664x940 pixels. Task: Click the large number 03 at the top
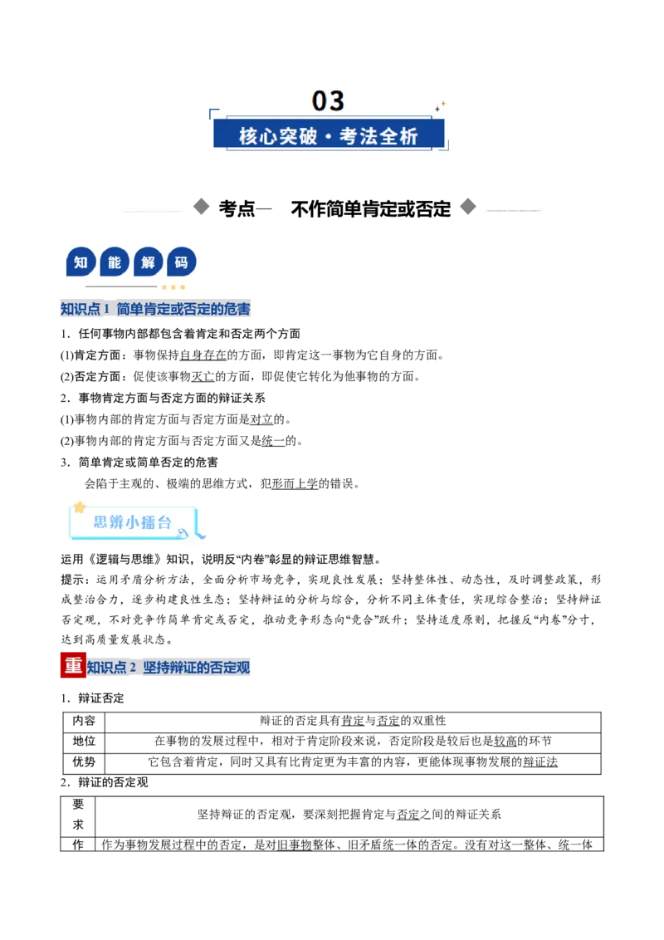coord(328,100)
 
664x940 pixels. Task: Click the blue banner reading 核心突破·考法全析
coord(329,135)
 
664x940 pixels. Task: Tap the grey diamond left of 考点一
coord(202,207)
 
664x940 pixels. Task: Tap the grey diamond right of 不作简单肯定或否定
coord(468,207)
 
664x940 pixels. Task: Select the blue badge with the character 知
coord(81,262)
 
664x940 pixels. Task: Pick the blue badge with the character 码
coord(182,262)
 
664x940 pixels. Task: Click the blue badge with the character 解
coord(148,262)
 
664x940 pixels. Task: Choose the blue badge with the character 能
coord(115,262)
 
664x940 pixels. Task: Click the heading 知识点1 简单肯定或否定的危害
coord(155,309)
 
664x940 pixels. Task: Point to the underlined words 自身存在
coord(203,355)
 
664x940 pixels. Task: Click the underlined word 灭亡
coord(203,376)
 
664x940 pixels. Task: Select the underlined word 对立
coord(261,419)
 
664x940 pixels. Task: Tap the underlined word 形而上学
coord(295,483)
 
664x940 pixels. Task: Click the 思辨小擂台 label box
coord(133,522)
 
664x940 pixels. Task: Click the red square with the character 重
coord(73,665)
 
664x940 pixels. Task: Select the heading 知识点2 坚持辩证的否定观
coord(168,668)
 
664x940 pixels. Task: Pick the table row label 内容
coord(84,721)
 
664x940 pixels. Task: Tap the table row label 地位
coord(84,741)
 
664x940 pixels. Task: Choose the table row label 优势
coord(84,762)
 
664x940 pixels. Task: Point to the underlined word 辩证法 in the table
coord(540,762)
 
